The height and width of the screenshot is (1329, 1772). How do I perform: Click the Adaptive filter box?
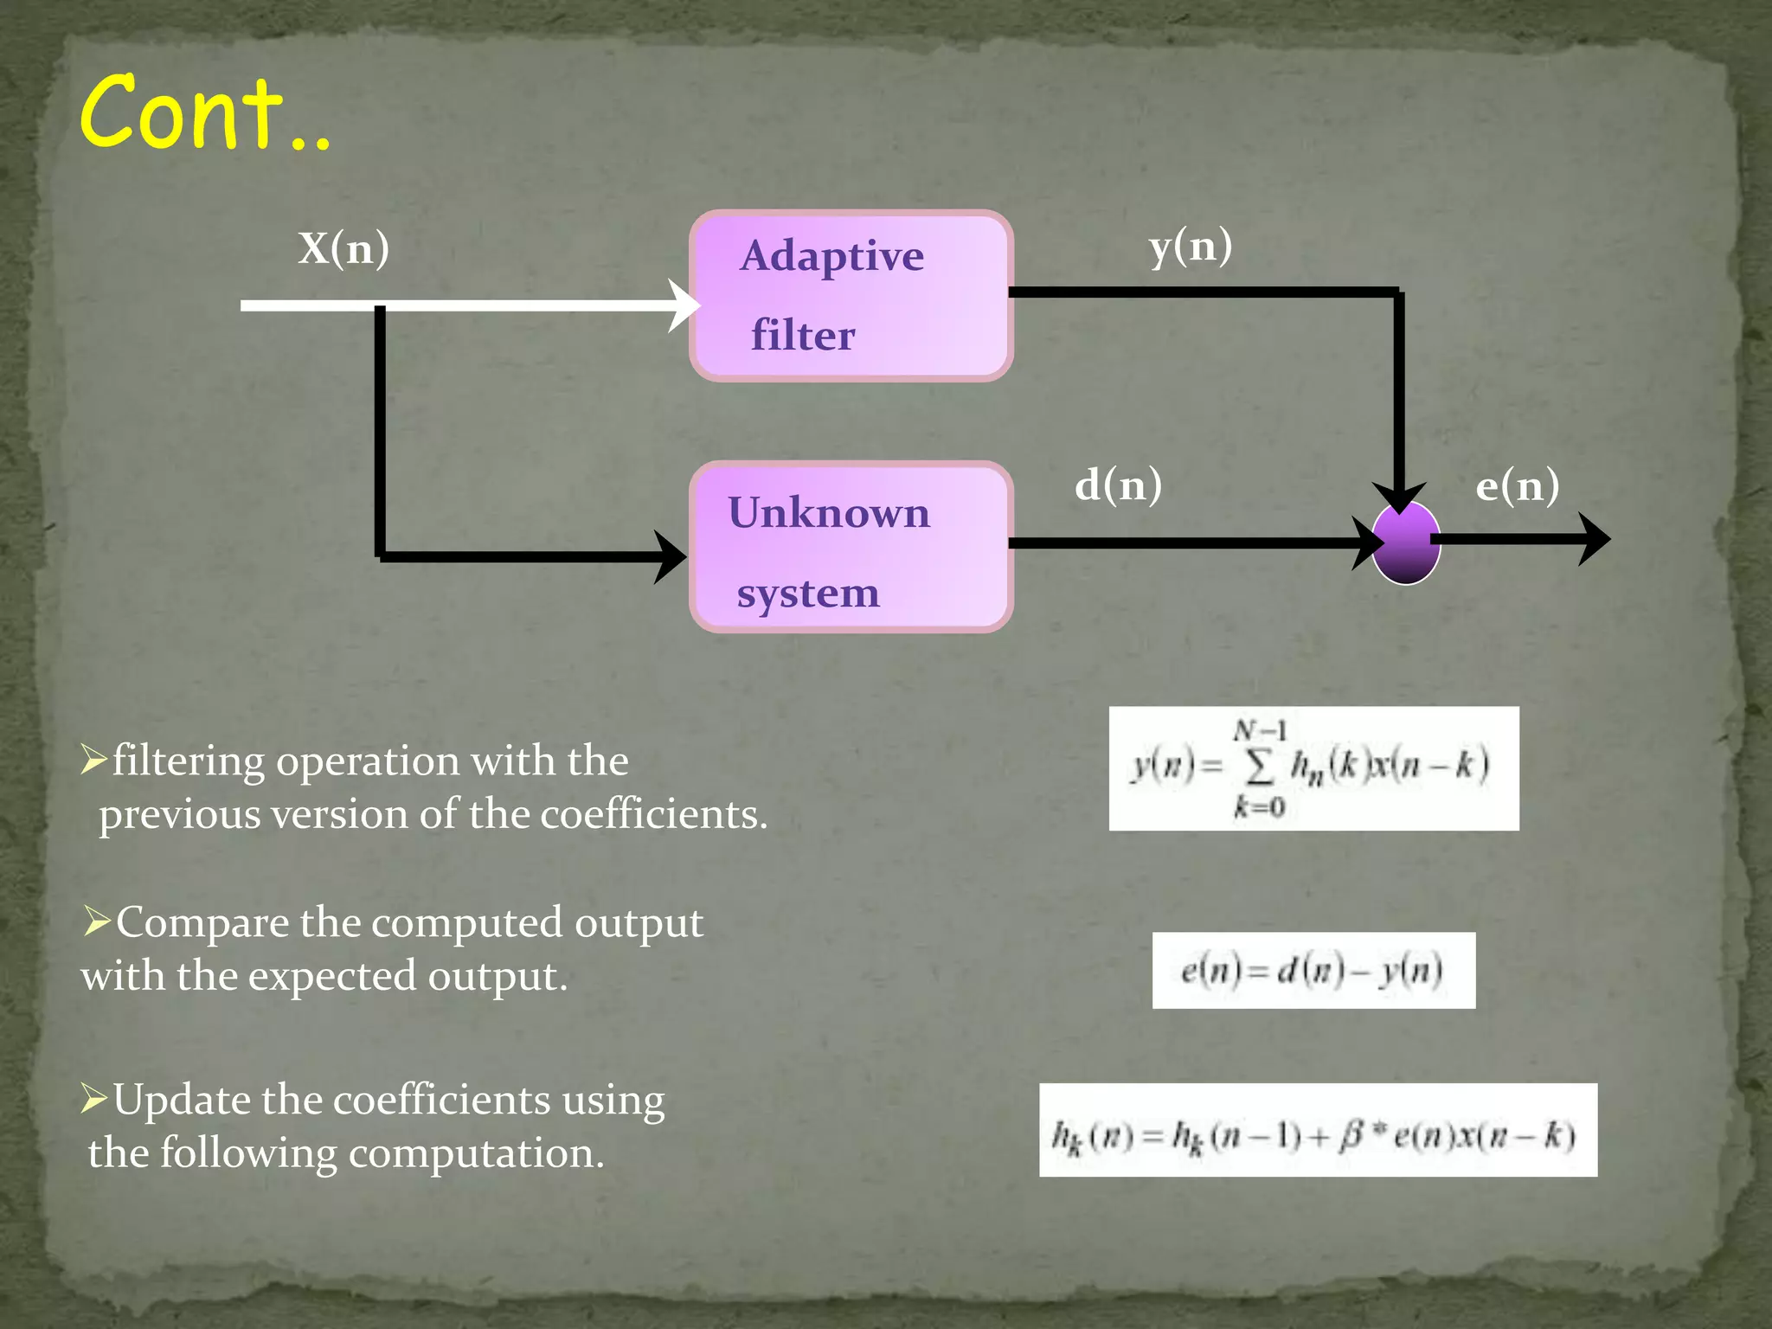point(851,295)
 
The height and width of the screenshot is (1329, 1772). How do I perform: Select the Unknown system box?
point(851,547)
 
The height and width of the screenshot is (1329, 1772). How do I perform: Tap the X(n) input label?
point(343,248)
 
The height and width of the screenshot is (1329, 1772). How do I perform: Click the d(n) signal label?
point(1118,485)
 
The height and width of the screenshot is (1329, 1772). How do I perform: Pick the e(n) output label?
point(1517,485)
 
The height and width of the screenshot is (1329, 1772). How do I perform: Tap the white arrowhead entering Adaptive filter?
point(684,305)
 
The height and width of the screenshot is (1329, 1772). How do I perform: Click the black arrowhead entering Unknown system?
point(670,556)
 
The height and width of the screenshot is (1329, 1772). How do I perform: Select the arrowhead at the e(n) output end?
point(1594,539)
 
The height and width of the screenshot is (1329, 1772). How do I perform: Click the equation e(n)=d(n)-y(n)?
point(1313,970)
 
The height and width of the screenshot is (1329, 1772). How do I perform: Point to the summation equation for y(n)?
point(1313,768)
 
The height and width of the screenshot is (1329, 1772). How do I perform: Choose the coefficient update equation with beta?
point(1317,1130)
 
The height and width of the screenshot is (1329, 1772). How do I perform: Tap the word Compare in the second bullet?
point(202,922)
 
